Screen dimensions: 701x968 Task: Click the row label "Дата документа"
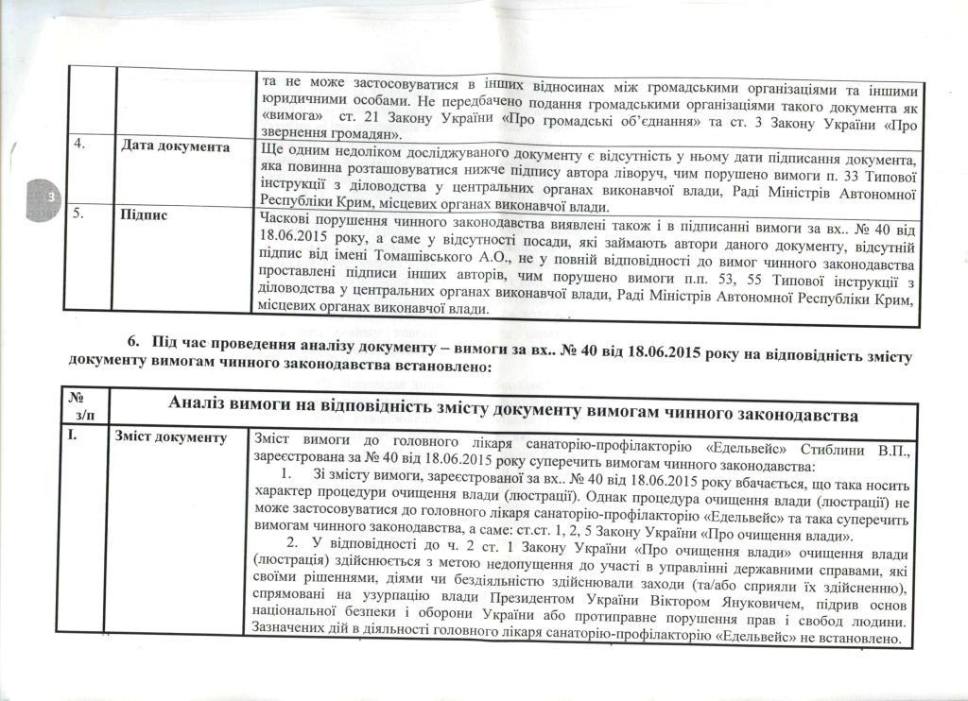176,148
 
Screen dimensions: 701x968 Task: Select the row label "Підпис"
145,214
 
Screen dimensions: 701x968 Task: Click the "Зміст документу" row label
170,437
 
